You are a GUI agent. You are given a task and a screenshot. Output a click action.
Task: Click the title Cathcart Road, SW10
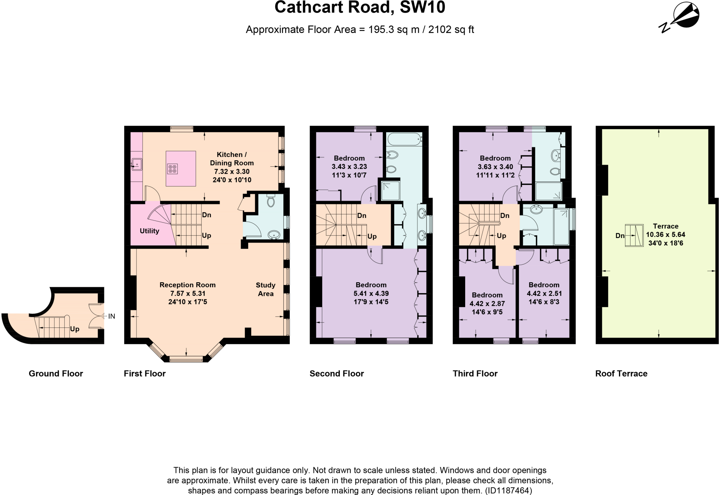click(359, 8)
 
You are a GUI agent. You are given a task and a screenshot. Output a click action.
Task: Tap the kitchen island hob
click(172, 169)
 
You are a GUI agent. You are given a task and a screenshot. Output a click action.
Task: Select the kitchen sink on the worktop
click(137, 164)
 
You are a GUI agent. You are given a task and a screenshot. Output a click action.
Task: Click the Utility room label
click(149, 231)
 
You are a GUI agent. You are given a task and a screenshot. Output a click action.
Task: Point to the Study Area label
click(265, 289)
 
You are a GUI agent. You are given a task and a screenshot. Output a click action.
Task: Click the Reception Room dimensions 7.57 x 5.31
click(187, 293)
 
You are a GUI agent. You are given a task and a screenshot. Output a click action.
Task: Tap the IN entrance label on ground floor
click(112, 316)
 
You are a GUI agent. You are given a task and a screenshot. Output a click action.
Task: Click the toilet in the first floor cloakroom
click(271, 201)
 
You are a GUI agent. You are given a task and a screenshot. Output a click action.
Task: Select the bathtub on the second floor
click(404, 139)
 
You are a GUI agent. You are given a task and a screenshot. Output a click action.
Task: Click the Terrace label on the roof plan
click(665, 226)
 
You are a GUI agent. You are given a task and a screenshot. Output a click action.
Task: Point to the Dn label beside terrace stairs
click(620, 236)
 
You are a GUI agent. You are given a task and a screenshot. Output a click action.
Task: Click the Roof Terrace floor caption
click(621, 374)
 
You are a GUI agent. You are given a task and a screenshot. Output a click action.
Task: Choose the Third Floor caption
click(475, 374)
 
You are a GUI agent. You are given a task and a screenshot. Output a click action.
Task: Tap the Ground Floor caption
click(56, 374)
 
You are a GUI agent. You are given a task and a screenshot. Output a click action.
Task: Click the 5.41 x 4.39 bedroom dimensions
click(371, 293)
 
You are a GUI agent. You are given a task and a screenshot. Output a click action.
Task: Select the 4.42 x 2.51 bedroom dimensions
click(544, 293)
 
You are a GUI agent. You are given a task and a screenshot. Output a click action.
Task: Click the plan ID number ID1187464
click(508, 490)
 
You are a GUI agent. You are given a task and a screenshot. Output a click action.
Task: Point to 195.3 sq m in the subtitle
click(394, 29)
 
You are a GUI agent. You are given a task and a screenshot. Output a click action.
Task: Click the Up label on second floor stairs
click(372, 236)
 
